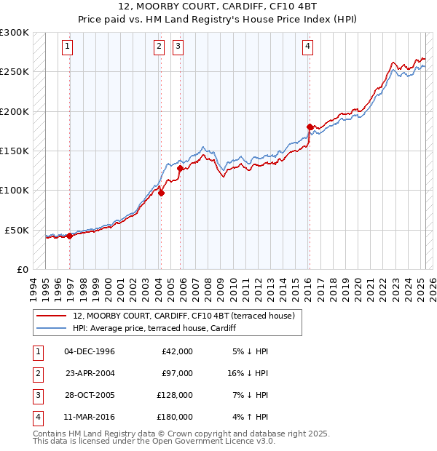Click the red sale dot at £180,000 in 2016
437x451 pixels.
310,127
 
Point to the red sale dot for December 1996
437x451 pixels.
69,236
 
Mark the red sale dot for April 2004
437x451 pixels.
161,193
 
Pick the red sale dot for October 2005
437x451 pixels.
180,168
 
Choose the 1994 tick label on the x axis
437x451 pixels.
34,287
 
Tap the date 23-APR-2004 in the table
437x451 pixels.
90,373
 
